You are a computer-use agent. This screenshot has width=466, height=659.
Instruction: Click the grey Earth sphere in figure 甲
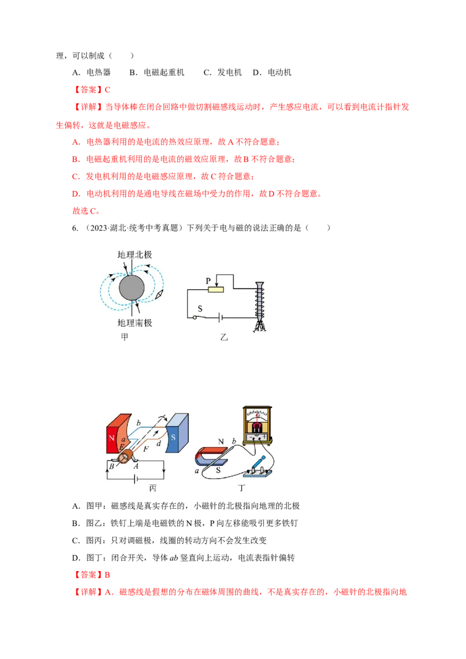click(132, 288)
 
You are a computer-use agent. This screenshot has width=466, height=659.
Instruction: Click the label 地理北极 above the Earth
click(135, 254)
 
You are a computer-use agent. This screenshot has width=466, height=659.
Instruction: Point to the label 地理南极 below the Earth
click(135, 323)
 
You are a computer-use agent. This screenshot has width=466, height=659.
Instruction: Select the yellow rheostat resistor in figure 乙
click(216, 289)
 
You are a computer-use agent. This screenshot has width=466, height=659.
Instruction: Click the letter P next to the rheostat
click(208, 281)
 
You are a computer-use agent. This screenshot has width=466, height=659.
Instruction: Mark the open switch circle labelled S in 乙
click(195, 317)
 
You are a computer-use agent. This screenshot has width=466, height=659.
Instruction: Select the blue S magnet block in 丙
click(177, 433)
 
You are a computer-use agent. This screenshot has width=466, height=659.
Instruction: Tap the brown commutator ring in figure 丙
click(125, 456)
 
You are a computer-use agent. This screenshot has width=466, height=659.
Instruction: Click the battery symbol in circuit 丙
click(135, 479)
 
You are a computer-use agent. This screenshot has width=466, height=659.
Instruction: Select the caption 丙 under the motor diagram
click(153, 488)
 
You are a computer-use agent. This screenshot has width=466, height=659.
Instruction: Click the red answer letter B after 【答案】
click(107, 575)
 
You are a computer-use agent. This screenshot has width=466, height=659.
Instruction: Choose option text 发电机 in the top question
click(230, 72)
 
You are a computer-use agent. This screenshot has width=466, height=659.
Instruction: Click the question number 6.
click(75, 228)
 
